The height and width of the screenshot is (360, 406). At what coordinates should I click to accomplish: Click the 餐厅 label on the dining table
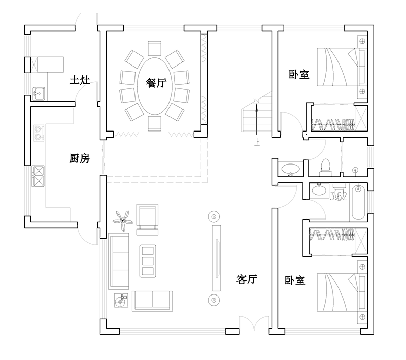point(156,84)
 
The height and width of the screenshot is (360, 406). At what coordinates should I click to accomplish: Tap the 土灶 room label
point(80,80)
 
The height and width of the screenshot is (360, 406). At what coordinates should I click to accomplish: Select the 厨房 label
point(79,159)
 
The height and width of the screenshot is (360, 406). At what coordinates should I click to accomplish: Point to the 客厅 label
point(247,279)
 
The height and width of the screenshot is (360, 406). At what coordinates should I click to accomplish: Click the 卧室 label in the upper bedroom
point(299,75)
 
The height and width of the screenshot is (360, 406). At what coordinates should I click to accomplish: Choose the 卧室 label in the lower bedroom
point(295,280)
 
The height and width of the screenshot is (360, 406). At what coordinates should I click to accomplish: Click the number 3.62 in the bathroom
point(338,196)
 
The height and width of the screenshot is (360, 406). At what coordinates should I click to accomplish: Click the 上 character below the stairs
point(257,143)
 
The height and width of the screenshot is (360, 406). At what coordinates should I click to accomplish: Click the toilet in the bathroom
point(326,167)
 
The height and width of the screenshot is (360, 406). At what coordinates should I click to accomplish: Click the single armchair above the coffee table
point(148,218)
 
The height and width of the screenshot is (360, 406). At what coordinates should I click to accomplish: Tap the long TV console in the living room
point(216,258)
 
